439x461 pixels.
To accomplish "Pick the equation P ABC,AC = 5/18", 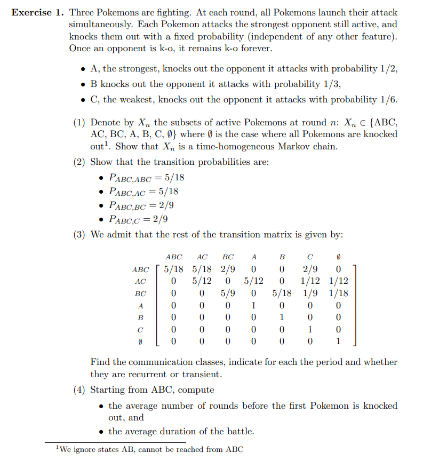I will coord(143,191).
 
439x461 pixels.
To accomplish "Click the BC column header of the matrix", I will coord(228,257).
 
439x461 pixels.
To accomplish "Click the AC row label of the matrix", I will coord(141,281).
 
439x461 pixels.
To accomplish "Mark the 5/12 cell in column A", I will coord(254,281).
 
